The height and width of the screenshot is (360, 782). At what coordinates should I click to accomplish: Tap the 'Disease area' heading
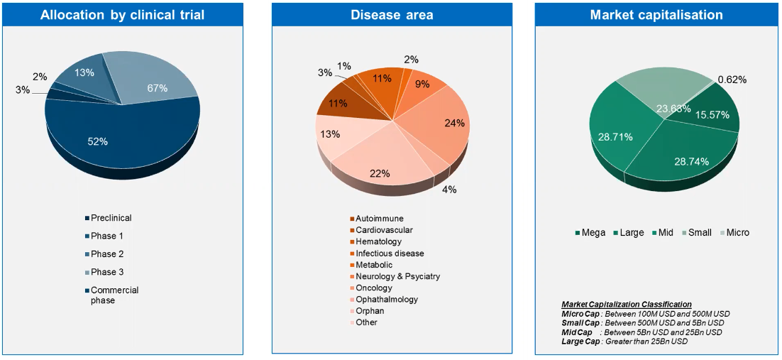coord(392,15)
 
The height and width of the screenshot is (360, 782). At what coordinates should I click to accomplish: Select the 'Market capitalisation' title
coord(656,15)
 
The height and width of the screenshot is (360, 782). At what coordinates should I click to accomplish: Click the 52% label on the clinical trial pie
coord(98,141)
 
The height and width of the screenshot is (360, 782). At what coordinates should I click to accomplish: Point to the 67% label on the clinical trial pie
coord(158,88)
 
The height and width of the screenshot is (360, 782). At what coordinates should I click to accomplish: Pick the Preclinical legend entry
coord(111,218)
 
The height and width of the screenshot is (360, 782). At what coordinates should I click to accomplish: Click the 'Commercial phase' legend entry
coord(114,295)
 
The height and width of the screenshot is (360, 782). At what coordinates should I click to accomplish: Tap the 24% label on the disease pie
coord(454,123)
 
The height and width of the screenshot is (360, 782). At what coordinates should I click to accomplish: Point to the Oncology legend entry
coord(373,288)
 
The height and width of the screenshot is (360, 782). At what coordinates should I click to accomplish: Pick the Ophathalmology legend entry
coord(386,299)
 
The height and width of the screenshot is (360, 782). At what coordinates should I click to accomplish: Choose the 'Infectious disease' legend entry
coord(390,253)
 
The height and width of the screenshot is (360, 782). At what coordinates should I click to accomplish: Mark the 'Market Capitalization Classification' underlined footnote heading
coord(627,304)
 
